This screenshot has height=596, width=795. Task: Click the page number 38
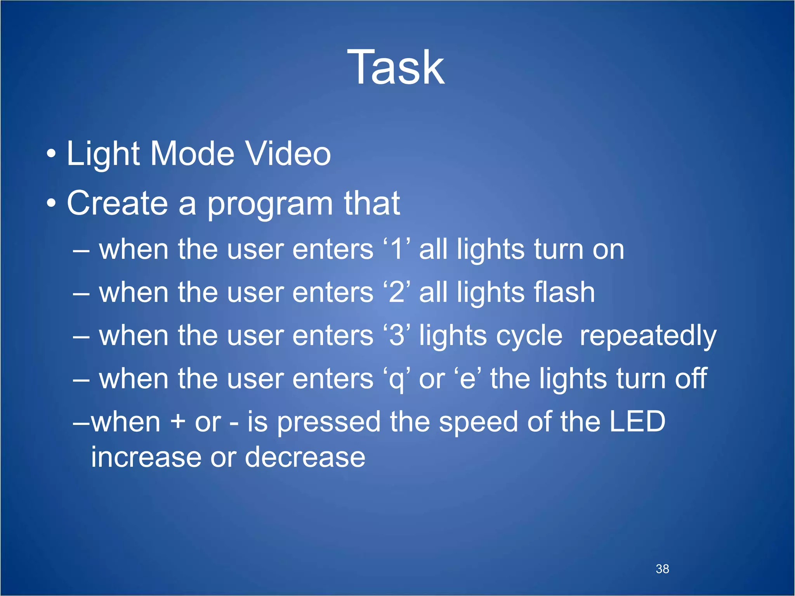(x=662, y=569)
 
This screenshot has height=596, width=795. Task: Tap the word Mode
(x=192, y=154)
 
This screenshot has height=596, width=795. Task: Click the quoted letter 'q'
(x=396, y=379)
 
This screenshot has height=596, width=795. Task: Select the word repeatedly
(x=647, y=336)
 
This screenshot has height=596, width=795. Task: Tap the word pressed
(x=328, y=423)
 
